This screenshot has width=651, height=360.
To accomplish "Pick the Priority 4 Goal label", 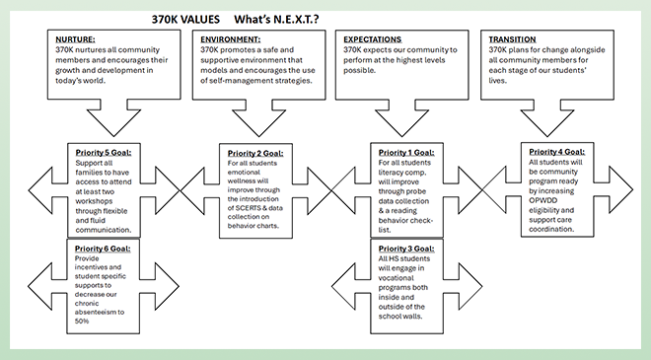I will pyautogui.click(x=557, y=152).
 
